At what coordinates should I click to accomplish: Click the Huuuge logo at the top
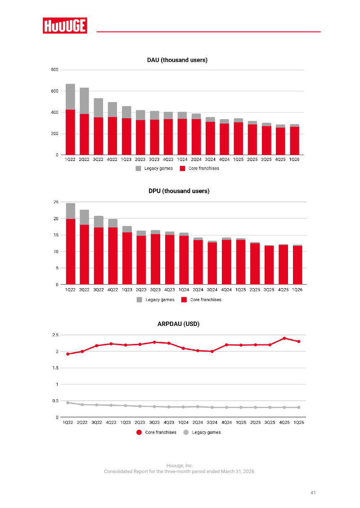[x=65, y=26]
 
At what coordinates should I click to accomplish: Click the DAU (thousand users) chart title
[x=177, y=60]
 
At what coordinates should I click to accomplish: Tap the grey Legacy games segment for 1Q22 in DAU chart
[x=70, y=97]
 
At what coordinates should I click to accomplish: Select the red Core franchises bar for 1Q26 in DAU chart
[x=294, y=141]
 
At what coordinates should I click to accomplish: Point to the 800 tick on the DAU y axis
[x=54, y=70]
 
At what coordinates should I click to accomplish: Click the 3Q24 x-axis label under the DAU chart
[x=210, y=160]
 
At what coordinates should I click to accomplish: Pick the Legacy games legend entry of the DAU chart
[x=154, y=169]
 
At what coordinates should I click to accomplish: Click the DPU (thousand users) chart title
[x=179, y=191]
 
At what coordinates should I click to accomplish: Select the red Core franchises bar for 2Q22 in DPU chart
[x=84, y=254]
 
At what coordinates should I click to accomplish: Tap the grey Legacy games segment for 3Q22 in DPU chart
[x=99, y=222]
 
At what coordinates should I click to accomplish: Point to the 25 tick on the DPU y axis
[x=56, y=202]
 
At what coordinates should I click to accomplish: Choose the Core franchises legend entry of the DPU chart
[x=202, y=300]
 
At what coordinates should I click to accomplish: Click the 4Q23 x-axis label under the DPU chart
[x=170, y=290]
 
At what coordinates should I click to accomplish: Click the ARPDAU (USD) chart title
[x=178, y=324]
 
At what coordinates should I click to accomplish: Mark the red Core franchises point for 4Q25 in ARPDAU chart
[x=284, y=338]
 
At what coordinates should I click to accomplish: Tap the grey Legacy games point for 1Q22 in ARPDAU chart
[x=68, y=403]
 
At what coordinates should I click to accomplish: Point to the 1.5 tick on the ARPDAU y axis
[x=55, y=368]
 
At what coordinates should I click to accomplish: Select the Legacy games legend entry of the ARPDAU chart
[x=202, y=432]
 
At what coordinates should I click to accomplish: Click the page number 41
[x=313, y=492]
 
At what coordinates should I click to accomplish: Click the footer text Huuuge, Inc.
[x=180, y=466]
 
